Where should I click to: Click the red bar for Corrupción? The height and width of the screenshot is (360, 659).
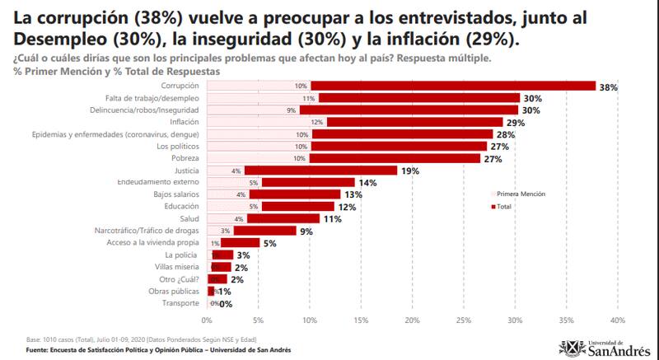click(x=453, y=86)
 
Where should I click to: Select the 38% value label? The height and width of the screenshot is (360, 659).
click(x=609, y=86)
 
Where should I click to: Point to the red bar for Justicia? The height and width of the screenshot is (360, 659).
click(x=321, y=171)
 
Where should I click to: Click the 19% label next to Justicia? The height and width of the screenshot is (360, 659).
click(x=410, y=171)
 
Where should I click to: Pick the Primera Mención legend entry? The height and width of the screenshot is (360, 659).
click(x=520, y=194)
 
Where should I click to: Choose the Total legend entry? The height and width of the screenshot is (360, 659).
click(x=505, y=206)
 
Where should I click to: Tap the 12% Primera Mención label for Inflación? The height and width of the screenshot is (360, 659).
click(x=316, y=122)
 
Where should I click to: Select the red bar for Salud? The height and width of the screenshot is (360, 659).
click(x=283, y=219)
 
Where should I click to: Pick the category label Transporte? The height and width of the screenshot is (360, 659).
click(x=180, y=304)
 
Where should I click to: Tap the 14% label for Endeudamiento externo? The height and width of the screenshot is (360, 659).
click(x=367, y=183)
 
